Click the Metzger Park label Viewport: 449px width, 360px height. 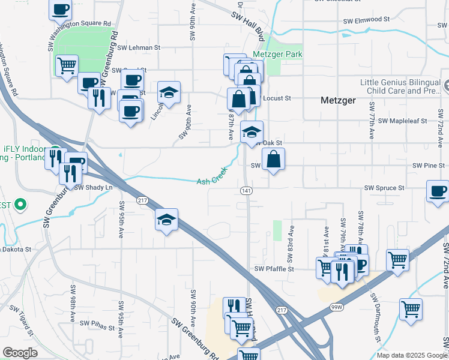pos(277,54)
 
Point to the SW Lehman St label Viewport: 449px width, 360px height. pos(139,47)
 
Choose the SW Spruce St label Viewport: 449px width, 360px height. pos(384,188)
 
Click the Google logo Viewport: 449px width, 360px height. pos(20,352)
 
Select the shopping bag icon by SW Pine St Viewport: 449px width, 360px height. pos(273,159)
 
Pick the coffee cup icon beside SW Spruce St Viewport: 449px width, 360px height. pos(438,191)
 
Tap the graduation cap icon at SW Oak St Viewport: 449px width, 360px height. pos(252,131)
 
